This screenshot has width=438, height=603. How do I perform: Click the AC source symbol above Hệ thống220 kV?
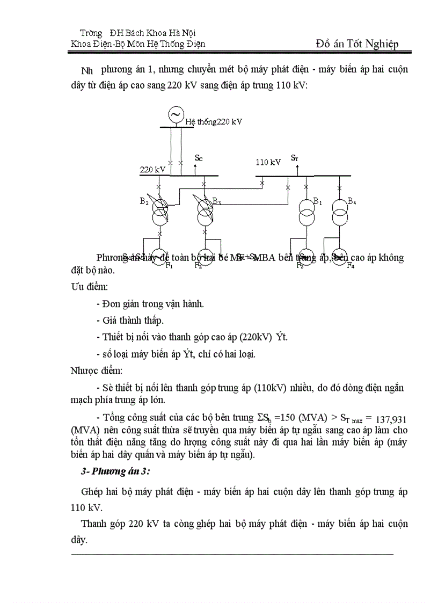pyautogui.click(x=174, y=114)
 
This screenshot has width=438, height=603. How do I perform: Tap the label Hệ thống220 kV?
pyautogui.click(x=214, y=122)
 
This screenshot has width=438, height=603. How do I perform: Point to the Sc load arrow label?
pyautogui.click(x=199, y=158)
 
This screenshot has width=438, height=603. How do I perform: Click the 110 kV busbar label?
pyautogui.click(x=268, y=162)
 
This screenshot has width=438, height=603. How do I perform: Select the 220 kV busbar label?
pyautogui.click(x=153, y=170)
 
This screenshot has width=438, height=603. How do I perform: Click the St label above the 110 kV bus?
pyautogui.click(x=295, y=158)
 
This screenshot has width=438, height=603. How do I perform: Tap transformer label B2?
pyautogui.click(x=144, y=202)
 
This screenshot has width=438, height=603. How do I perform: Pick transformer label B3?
pyautogui.click(x=216, y=201)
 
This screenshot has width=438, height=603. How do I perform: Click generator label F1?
pyautogui.click(x=169, y=265)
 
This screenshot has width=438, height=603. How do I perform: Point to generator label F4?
pyautogui.click(x=351, y=265)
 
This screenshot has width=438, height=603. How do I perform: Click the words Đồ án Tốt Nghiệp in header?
pyautogui.click(x=357, y=44)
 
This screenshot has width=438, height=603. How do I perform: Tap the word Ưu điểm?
pyautogui.click(x=90, y=287)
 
